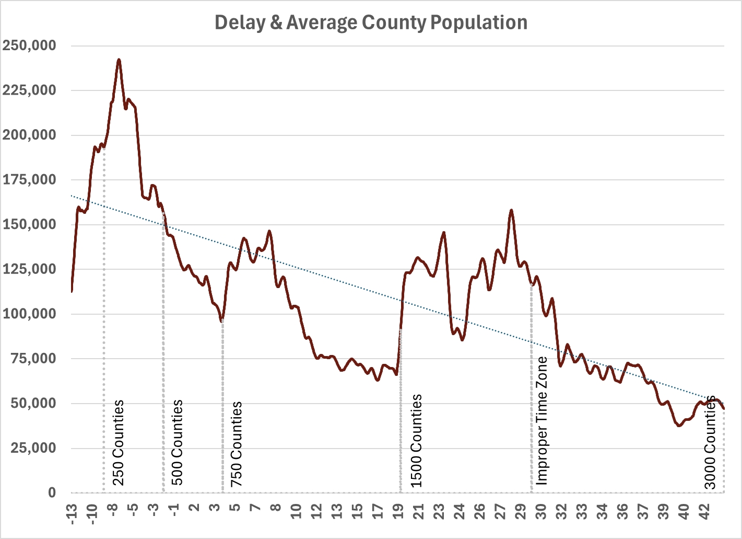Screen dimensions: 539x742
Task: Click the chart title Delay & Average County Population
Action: point(371,22)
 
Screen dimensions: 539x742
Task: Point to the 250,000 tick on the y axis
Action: point(30,45)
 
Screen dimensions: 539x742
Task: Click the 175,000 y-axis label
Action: point(30,180)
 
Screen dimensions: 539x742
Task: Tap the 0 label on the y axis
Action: point(52,492)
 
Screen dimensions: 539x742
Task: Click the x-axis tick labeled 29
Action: point(521,511)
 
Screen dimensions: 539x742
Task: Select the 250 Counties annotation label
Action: point(119,442)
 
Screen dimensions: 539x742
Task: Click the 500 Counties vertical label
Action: point(178,442)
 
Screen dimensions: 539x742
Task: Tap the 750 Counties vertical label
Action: point(237,443)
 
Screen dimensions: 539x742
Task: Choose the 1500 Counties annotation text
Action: point(416,441)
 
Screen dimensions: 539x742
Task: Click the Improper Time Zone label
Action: point(542,420)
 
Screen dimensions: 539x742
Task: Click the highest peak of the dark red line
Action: point(119,60)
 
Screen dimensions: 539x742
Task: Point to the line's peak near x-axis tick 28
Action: point(511,210)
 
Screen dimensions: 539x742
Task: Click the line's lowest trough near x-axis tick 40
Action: point(679,426)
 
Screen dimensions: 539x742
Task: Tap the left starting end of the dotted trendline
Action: point(72,196)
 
